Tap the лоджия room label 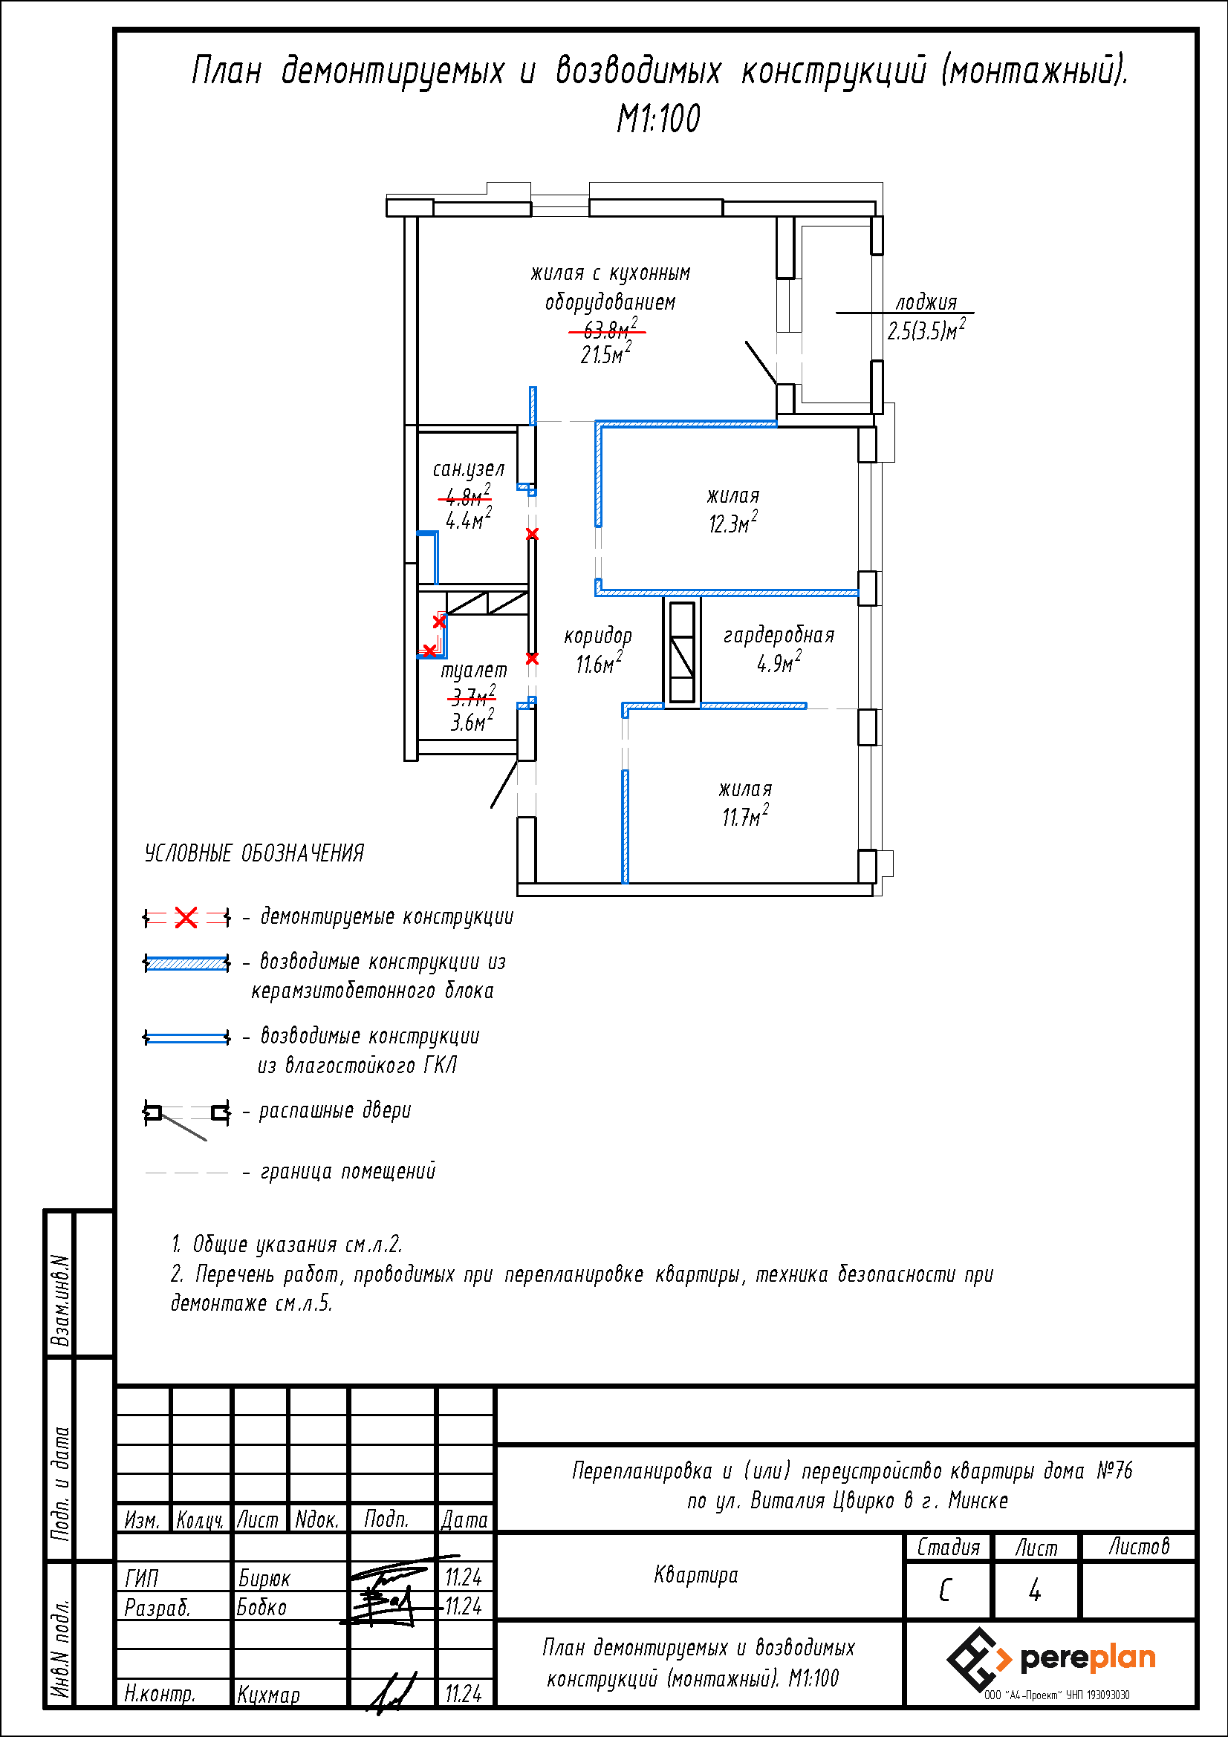[926, 302]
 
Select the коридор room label [598, 636]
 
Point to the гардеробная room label [779, 636]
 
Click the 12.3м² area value [732, 522]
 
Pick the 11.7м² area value [745, 815]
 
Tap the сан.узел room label [468, 469]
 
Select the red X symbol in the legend [186, 918]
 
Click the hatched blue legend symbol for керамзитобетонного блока [186, 963]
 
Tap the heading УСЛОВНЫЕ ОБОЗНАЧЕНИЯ [254, 853]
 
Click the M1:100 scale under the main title [658, 119]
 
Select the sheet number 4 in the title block [1034, 1590]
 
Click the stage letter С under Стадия [945, 1590]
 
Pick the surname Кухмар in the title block [269, 1695]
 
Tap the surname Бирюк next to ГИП [264, 1577]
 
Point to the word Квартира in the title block [696, 1575]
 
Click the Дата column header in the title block [464, 1519]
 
